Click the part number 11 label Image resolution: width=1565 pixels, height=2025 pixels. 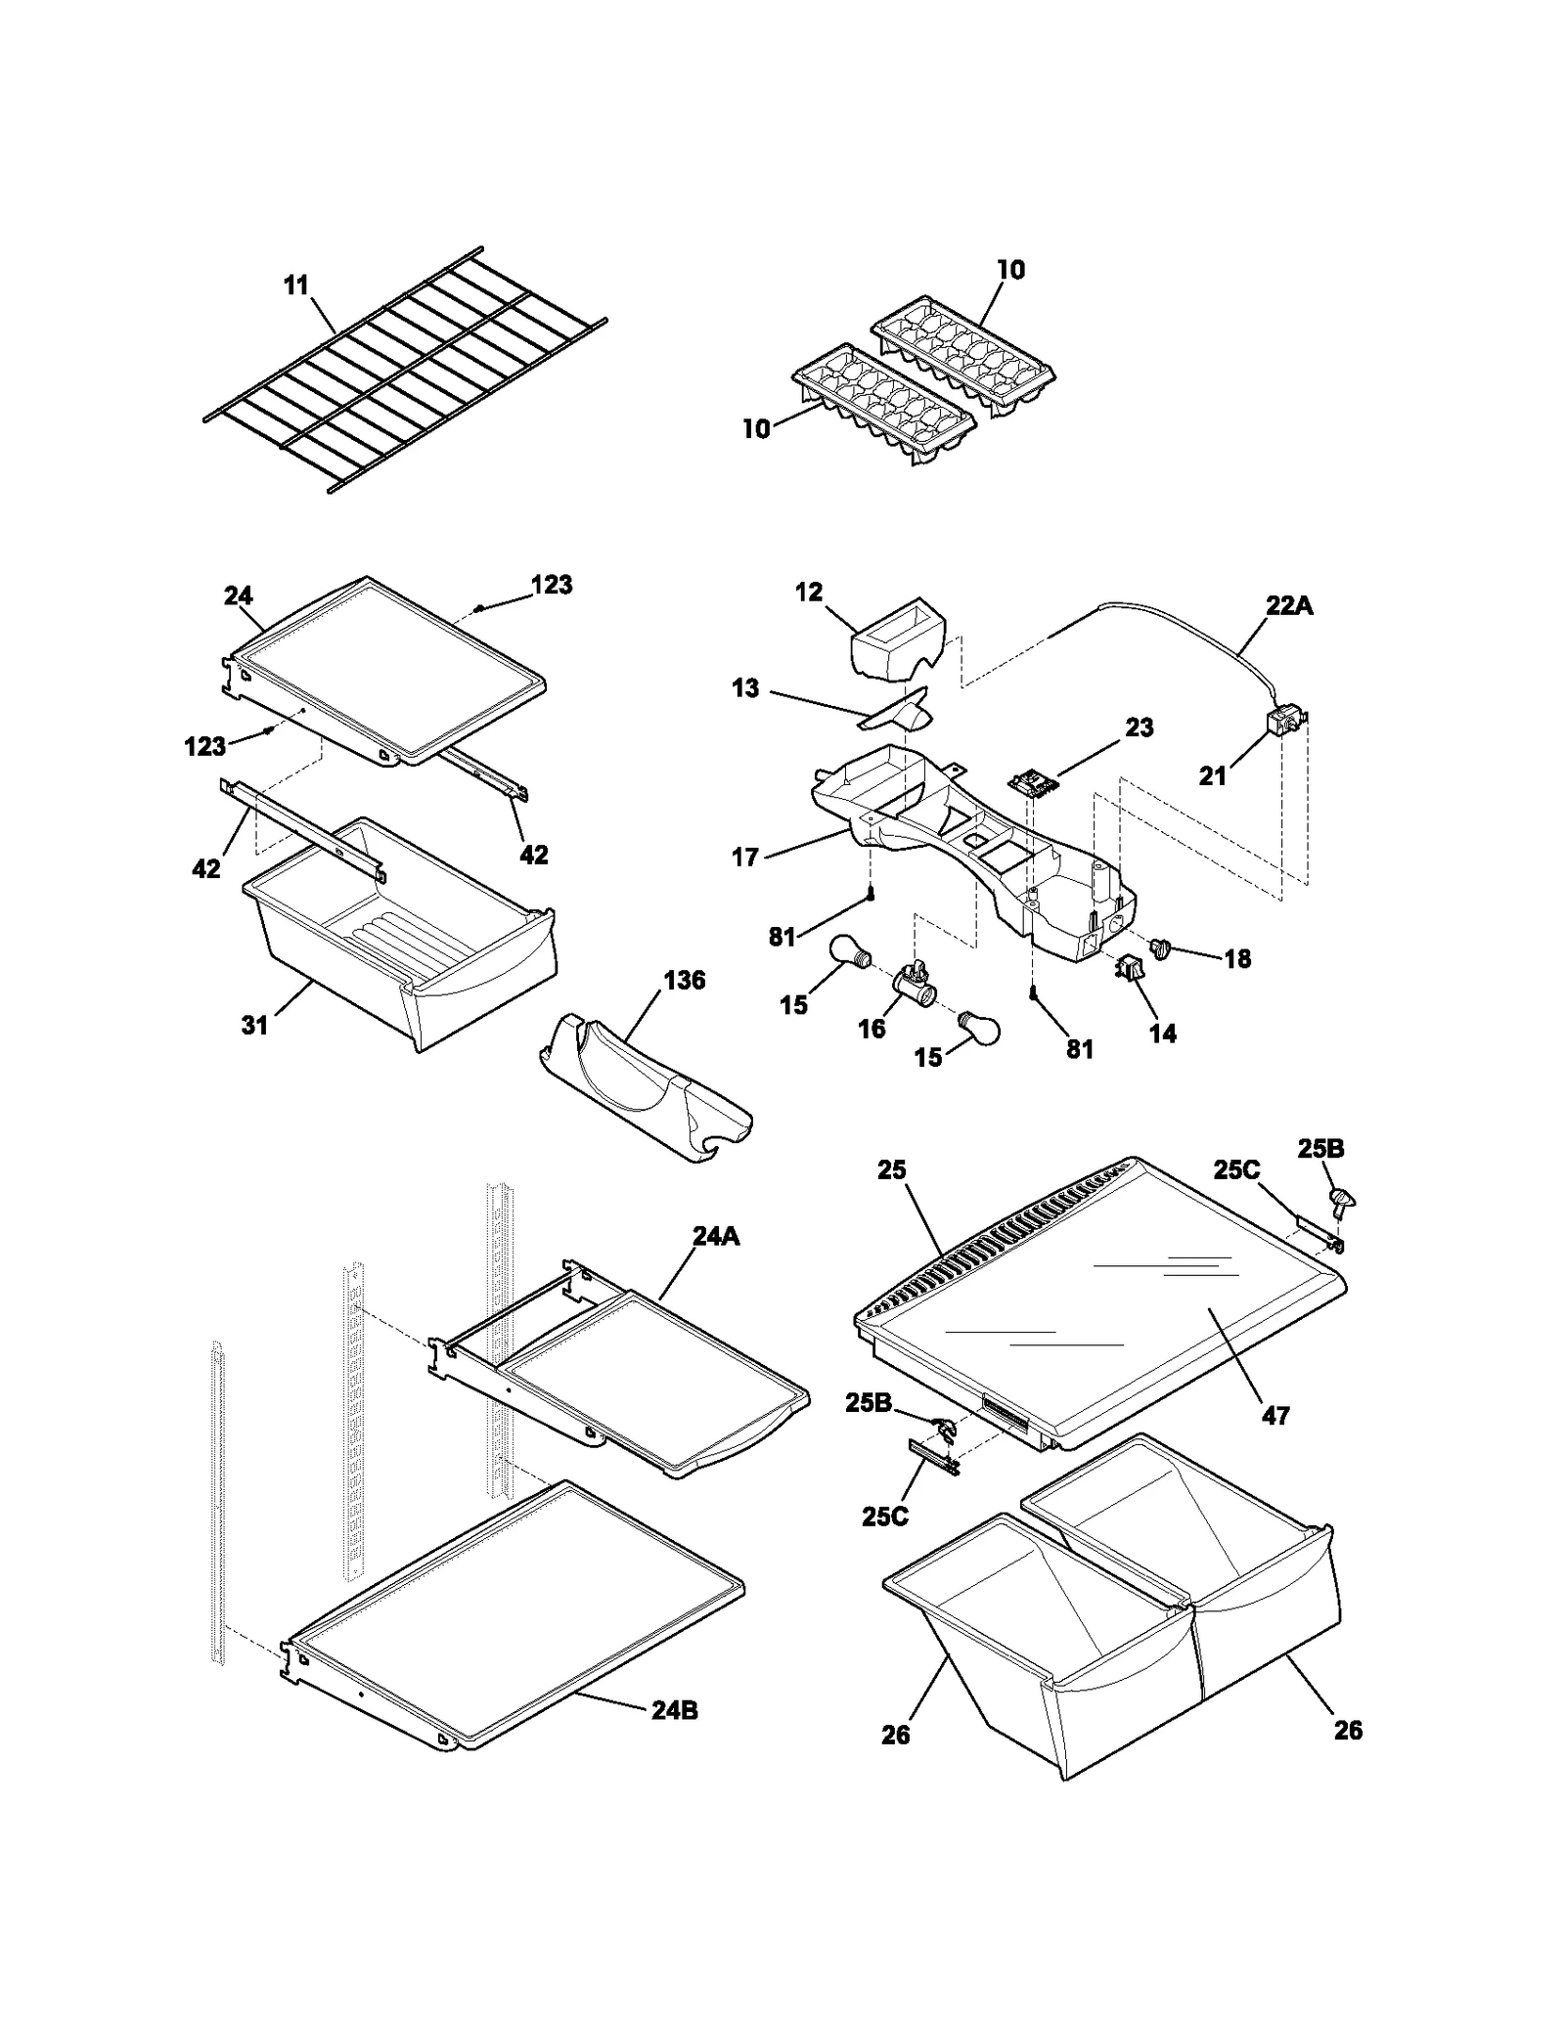click(x=295, y=286)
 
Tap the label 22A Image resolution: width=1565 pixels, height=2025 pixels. click(x=1289, y=605)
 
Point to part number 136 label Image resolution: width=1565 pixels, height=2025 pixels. click(x=684, y=980)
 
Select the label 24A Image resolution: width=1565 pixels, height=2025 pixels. click(x=715, y=1236)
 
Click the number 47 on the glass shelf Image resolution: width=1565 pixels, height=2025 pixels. click(x=1275, y=1415)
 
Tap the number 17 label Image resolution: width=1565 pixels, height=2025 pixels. click(x=745, y=858)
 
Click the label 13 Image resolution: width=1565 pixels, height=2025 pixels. click(x=745, y=688)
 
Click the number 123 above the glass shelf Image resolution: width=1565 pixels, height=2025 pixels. click(x=552, y=585)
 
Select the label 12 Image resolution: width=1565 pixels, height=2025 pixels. click(x=809, y=593)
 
